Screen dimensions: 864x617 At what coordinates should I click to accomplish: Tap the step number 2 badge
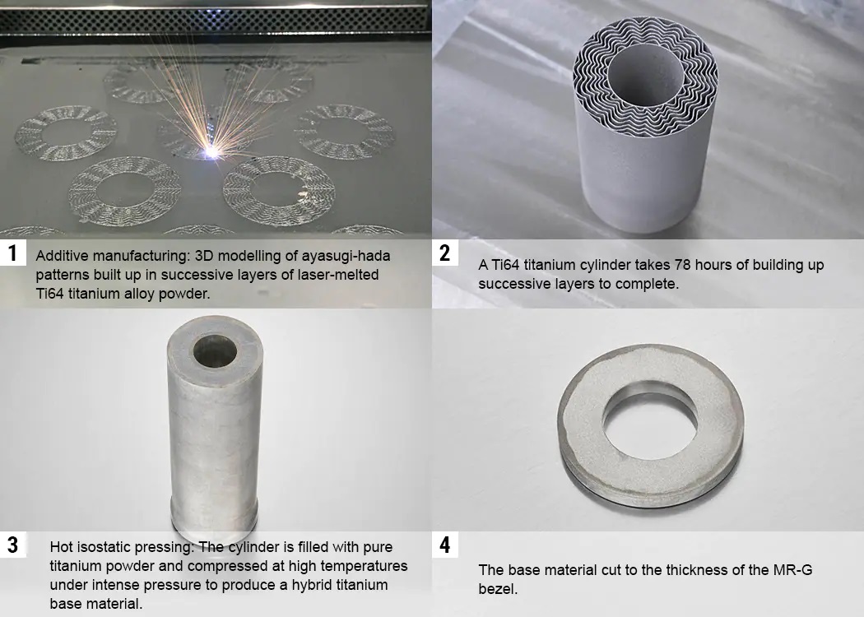coord(444,253)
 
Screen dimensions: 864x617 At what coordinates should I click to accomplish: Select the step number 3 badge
coord(12,545)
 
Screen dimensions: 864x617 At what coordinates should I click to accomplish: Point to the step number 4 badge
coord(444,545)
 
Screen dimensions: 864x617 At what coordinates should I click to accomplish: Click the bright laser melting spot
coord(212,151)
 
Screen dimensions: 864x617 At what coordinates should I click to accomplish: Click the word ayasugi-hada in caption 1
coord(346,256)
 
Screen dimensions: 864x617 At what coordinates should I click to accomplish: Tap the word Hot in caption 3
coord(61,547)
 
